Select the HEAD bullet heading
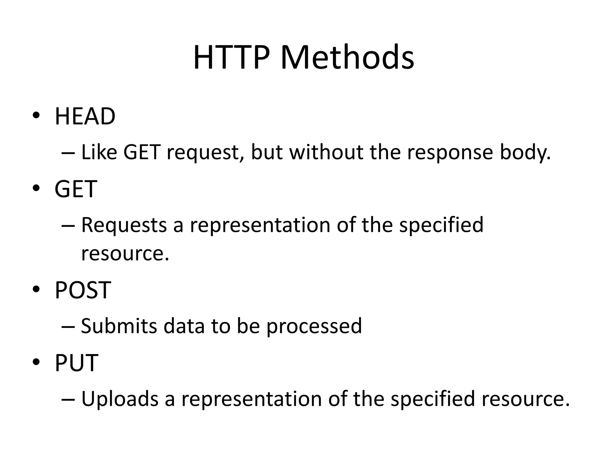coord(85,116)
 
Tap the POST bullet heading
coord(83,290)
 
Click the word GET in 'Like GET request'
coord(142,152)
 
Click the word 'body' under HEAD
coord(525,152)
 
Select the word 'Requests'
coord(124,225)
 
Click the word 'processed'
coord(314,326)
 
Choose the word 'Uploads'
coord(120,399)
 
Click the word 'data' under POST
coord(184,326)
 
